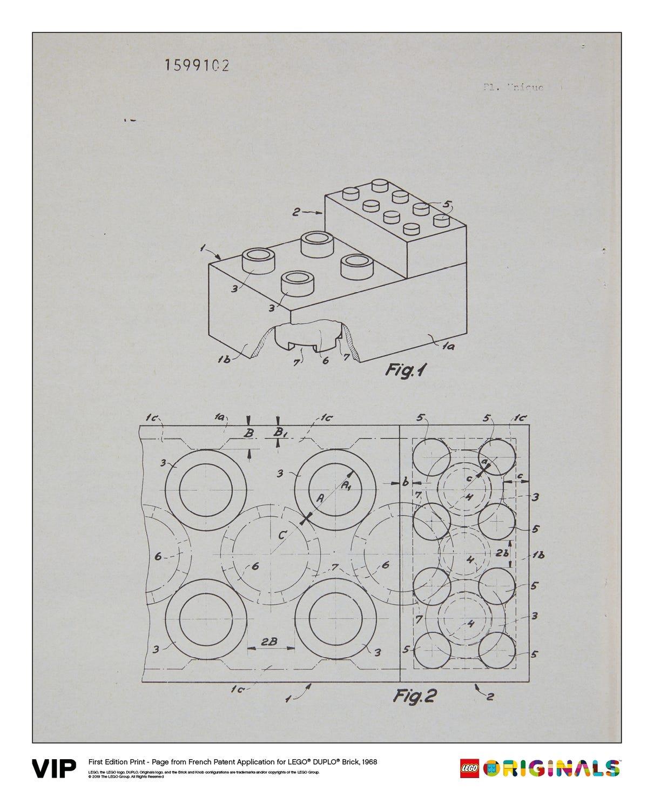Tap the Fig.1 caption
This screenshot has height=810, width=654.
[x=405, y=370]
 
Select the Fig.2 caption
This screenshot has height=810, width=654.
[x=414, y=696]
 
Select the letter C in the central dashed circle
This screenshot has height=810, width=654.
[x=281, y=535]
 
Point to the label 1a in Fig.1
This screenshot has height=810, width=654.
[x=447, y=348]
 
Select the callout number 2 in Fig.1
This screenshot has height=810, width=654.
[x=296, y=213]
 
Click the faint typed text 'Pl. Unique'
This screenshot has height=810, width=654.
[x=510, y=86]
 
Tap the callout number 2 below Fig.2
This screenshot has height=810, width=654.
[x=490, y=697]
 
